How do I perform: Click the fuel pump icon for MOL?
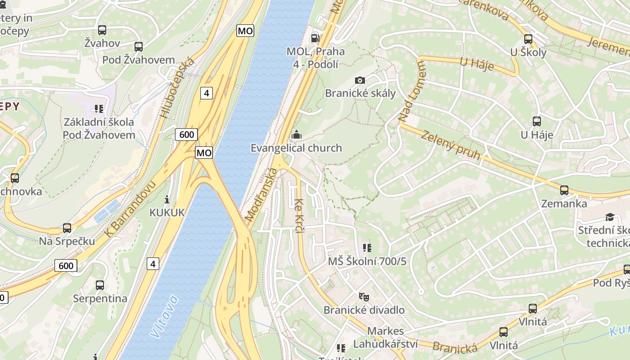coord(316,38)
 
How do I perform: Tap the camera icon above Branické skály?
coord(360,80)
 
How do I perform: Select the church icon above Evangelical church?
coord(296,135)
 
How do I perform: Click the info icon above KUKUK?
coord(167,199)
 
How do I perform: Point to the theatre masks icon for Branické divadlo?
coord(364,297)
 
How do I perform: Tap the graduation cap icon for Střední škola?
coord(610,217)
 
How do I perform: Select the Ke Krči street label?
coord(299,216)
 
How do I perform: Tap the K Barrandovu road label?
coord(130,209)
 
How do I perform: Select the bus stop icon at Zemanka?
coord(564,190)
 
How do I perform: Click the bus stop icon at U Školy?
coord(528,39)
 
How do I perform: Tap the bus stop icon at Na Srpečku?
coord(67,228)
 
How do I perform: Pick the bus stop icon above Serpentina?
coord(100,285)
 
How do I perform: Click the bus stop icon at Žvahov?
coord(102,30)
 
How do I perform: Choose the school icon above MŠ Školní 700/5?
coord(367,248)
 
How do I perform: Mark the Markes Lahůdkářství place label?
coord(379,337)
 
